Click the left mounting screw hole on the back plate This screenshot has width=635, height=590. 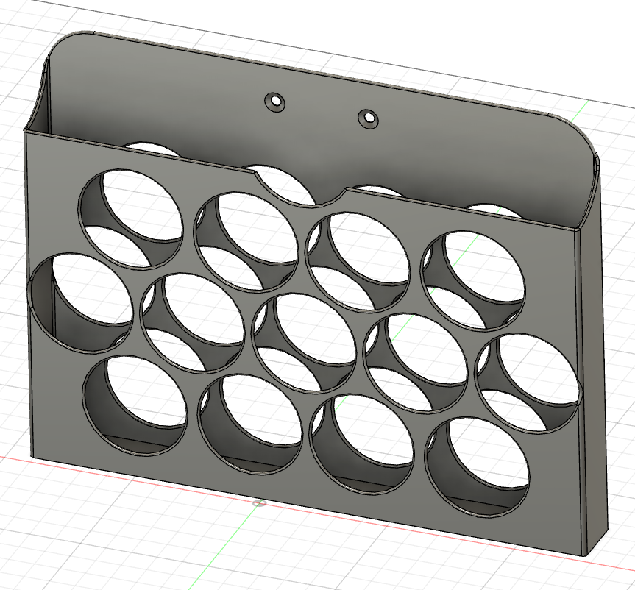277,102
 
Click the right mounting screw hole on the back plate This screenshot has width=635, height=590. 367,117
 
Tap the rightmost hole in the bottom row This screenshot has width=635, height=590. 478,463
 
